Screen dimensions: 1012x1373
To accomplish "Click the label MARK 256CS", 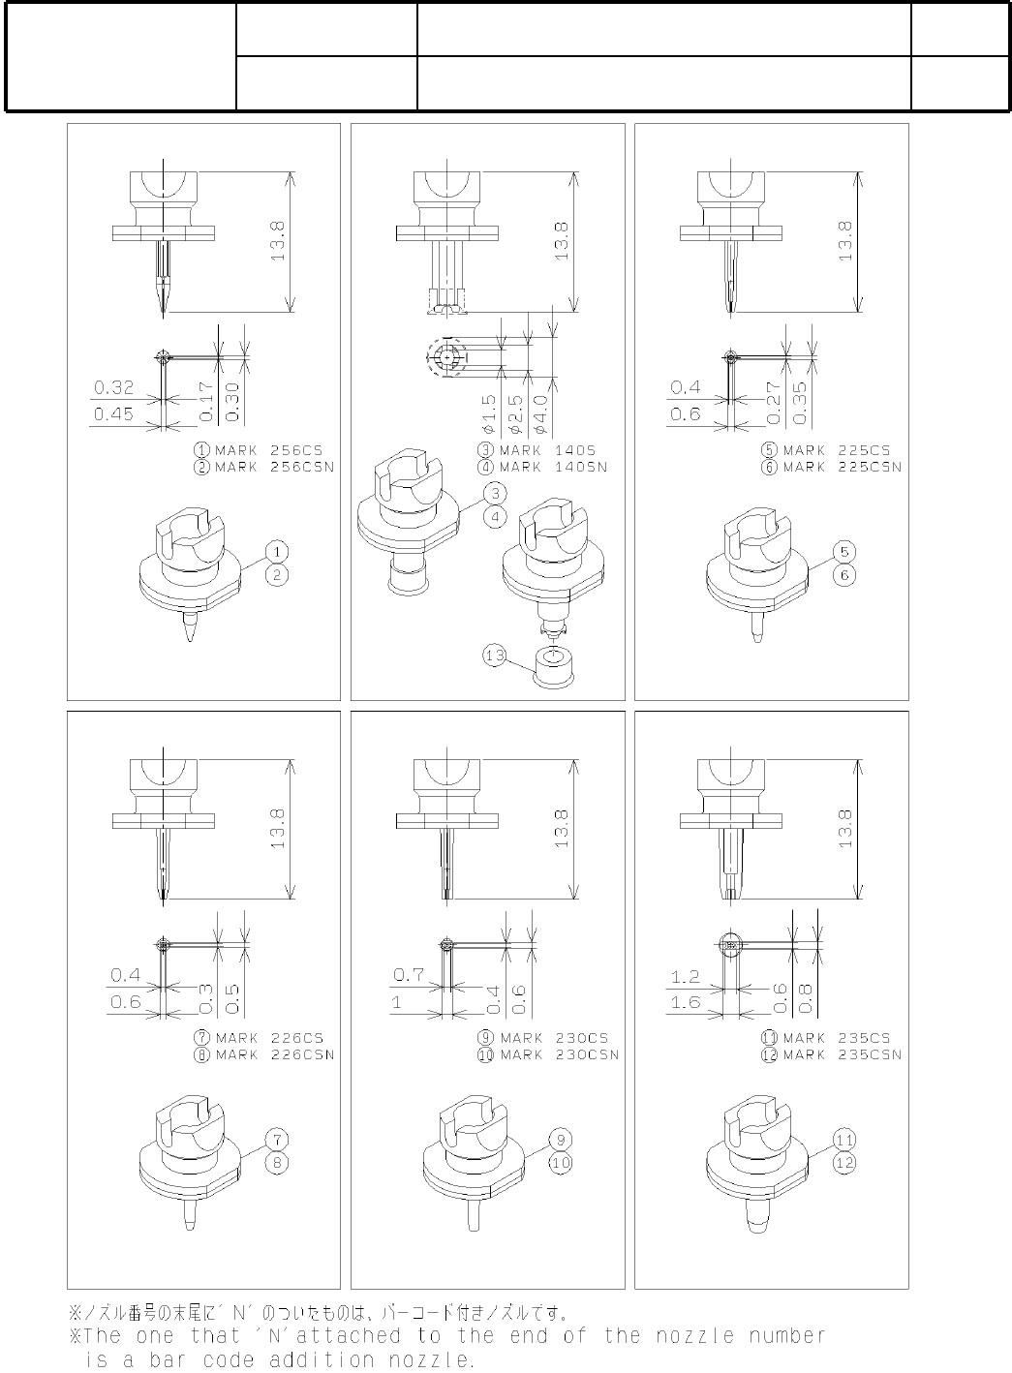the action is point(268,450).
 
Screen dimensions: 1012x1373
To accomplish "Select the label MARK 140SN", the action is point(553,467).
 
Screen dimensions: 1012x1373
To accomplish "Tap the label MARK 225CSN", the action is point(843,467).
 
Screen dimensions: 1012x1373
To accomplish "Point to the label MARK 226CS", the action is point(269,1038).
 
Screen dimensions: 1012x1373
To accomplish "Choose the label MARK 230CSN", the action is point(560,1054).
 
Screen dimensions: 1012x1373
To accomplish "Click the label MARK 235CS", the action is point(837,1038).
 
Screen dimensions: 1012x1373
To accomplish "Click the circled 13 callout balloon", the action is point(494,656).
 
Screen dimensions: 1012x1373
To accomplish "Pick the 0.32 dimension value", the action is point(114,387).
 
